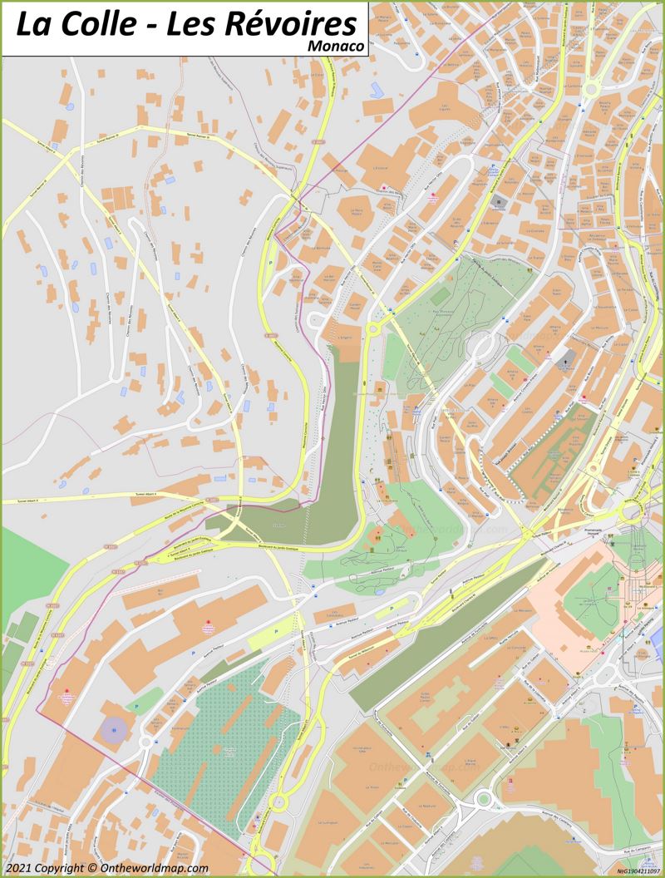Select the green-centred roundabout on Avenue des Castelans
[x=483, y=800]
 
